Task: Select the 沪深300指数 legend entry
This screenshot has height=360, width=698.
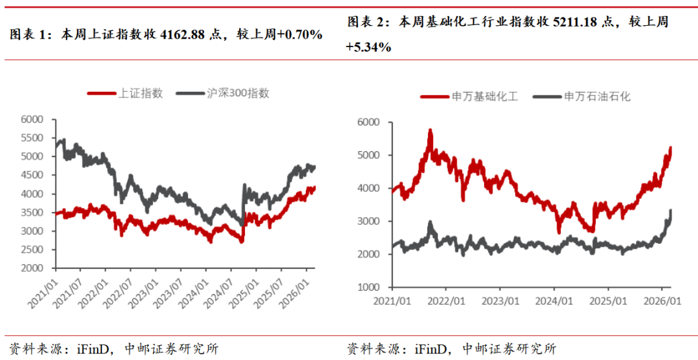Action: [237, 93]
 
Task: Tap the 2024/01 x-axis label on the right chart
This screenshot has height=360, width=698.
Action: [554, 301]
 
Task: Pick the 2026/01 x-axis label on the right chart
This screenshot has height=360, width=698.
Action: [661, 301]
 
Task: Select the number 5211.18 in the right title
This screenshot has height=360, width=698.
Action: [575, 22]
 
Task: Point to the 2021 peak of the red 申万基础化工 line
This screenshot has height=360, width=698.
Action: [430, 131]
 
